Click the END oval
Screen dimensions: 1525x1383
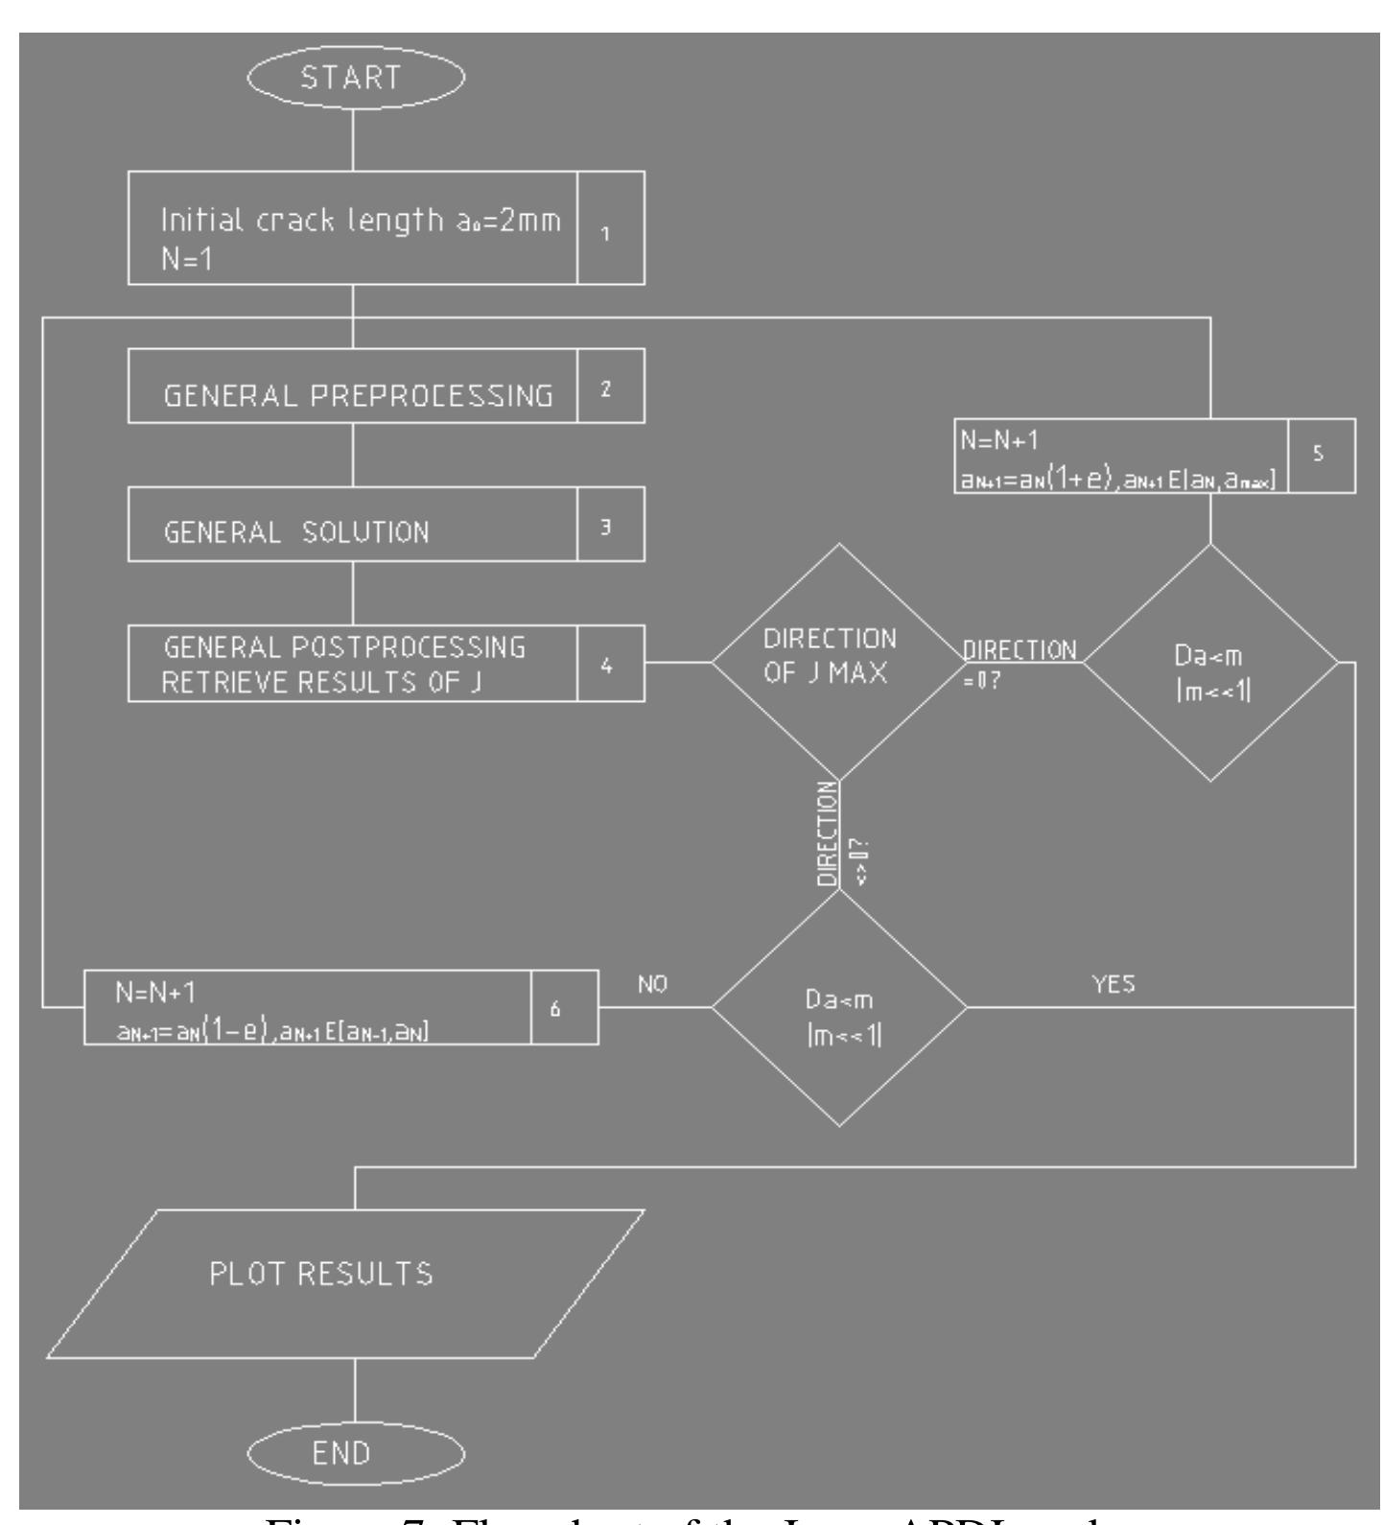coord(355,1452)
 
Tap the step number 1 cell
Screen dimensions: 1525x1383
coord(611,228)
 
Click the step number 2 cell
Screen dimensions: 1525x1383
coord(611,386)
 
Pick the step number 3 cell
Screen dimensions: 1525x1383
coord(611,525)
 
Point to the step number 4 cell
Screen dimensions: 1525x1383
coord(611,664)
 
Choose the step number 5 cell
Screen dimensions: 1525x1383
coord(1320,456)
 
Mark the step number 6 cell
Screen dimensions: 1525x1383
coord(565,1007)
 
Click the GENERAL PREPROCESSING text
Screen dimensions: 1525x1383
coord(359,396)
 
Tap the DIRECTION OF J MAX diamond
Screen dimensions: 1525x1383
coord(839,662)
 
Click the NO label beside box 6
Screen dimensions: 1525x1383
coord(652,985)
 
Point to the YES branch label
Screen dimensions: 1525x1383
coord(1113,985)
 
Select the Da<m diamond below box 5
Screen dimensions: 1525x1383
coord(1210,662)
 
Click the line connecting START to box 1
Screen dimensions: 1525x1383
coord(355,139)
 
